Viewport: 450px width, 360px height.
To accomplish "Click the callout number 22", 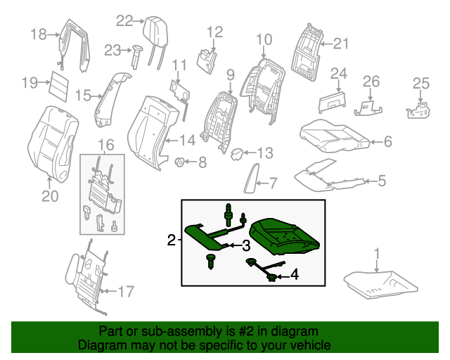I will pyautogui.click(x=124, y=21).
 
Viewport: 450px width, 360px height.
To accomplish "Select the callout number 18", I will pyautogui.click(x=38, y=33).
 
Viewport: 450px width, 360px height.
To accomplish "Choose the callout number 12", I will pyautogui.click(x=214, y=32).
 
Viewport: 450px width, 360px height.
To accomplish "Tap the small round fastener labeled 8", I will pyautogui.click(x=179, y=163).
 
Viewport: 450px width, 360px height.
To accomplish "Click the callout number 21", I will pyautogui.click(x=340, y=44).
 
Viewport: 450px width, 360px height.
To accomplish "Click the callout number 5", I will pyautogui.click(x=382, y=181).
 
